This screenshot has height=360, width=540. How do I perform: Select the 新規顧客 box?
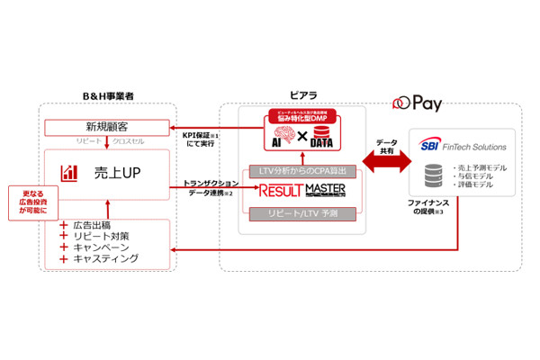click(106, 127)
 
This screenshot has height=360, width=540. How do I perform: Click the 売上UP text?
click(115, 171)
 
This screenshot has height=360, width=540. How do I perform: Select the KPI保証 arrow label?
click(202, 139)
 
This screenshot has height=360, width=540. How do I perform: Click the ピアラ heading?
click(303, 94)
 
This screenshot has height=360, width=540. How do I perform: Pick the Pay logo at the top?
click(413, 104)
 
